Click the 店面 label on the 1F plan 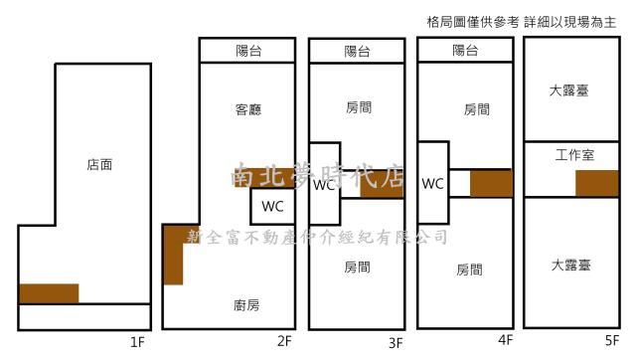click(99, 166)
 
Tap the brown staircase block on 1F click(49, 293)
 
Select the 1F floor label click(138, 343)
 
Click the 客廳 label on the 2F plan click(248, 109)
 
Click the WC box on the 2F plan click(272, 207)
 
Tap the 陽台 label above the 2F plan click(248, 51)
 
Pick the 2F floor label click(284, 343)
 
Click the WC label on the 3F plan click(324, 184)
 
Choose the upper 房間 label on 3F click(358, 108)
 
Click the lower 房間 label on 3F click(358, 268)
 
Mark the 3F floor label click(396, 343)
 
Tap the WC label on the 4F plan click(432, 183)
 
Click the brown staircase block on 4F click(491, 184)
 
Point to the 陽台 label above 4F click(465, 50)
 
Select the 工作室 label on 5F click(574, 155)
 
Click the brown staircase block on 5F click(596, 183)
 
